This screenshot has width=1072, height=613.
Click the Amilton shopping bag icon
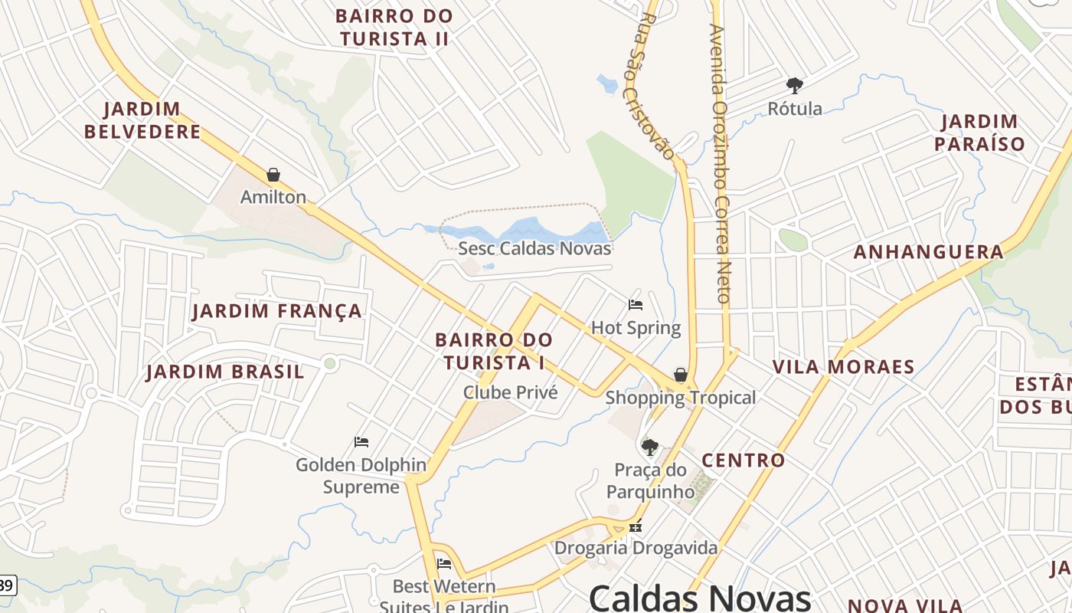pos(273,175)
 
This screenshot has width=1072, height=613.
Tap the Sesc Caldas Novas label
pos(534,248)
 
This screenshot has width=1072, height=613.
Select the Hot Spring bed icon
pos(636,305)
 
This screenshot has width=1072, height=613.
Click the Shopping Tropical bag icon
pos(680,375)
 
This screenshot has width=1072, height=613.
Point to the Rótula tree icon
pos(795,85)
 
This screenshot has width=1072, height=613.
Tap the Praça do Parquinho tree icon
pos(650,447)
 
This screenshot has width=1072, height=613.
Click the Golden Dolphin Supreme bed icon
pos(361,442)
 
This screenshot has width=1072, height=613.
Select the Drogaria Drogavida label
pos(636,548)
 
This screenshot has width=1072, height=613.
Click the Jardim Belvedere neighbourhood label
pos(142,120)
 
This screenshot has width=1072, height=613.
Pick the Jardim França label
pos(276,311)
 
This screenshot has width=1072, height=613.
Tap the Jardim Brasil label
pos(225,372)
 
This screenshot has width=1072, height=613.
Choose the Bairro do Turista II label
pos(394,27)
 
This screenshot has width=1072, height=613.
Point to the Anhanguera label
pos(928,252)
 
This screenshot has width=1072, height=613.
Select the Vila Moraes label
pos(843,367)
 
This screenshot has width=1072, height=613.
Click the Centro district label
pos(743,461)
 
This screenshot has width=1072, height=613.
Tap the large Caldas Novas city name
pos(699,598)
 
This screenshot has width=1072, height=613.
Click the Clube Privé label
pos(510,392)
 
